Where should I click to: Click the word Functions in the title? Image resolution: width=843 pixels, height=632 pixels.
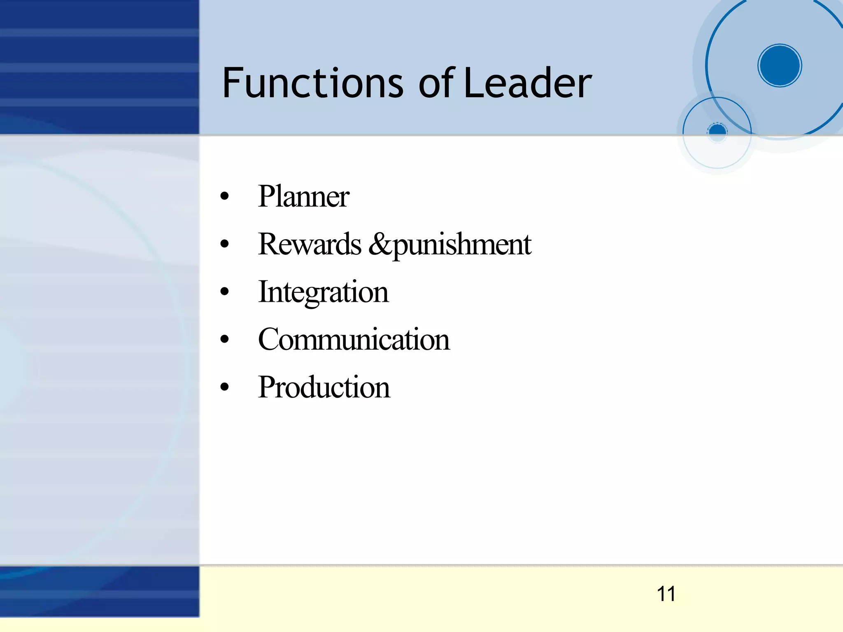[313, 83]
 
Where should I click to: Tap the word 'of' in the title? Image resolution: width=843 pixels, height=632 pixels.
[436, 83]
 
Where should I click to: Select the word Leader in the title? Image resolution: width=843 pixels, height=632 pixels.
[528, 83]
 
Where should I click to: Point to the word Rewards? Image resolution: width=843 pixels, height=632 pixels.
[310, 244]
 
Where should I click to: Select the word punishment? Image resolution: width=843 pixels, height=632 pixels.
[462, 245]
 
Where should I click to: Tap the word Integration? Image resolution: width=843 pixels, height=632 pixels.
[323, 292]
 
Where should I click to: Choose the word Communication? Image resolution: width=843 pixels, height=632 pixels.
[354, 340]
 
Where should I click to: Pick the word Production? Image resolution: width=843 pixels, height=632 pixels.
[324, 387]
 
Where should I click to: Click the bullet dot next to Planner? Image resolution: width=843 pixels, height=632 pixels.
[224, 196]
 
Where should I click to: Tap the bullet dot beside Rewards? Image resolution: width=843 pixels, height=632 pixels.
[224, 244]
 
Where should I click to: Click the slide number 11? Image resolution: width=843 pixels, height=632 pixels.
[666, 594]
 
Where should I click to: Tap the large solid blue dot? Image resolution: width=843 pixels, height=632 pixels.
[780, 65]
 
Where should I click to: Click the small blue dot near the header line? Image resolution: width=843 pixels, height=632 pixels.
[717, 131]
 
